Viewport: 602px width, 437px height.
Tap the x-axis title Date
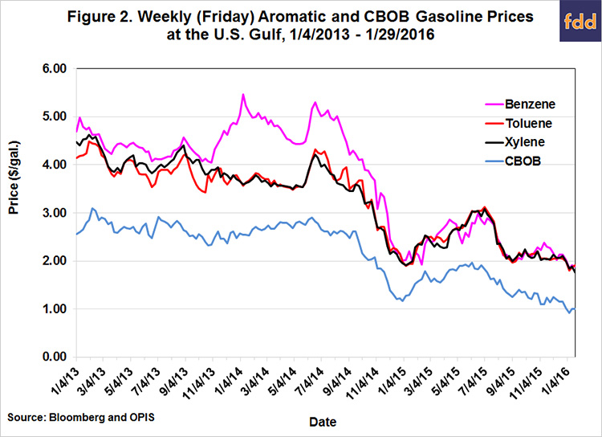(x=324, y=421)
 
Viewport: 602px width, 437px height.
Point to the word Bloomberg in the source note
(x=75, y=418)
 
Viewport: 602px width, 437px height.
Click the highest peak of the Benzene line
(x=242, y=95)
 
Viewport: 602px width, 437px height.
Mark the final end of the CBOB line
(x=574, y=309)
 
